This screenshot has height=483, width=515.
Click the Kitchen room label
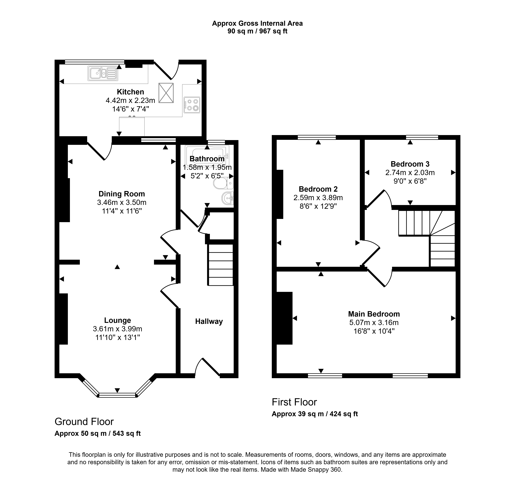pos(130,92)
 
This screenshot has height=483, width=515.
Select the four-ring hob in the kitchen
pos(192,105)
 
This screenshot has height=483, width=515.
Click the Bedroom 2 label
pos(318,189)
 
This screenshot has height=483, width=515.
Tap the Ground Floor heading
pos(84,422)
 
